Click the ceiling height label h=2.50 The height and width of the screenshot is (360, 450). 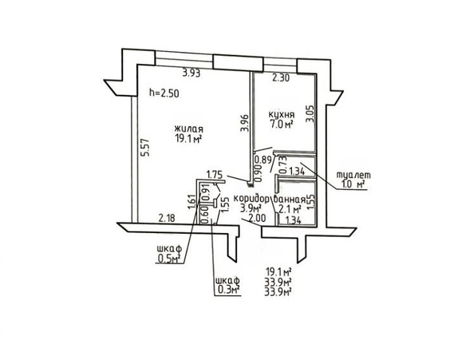pyautogui.click(x=164, y=93)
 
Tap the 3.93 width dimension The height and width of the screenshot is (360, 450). pyautogui.click(x=191, y=73)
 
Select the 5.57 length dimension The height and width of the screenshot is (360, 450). pyautogui.click(x=147, y=147)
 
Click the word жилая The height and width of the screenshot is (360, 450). pyautogui.click(x=188, y=129)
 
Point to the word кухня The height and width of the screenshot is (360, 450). pyautogui.click(x=281, y=115)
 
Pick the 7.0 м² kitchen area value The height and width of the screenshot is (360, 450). pyautogui.click(x=281, y=125)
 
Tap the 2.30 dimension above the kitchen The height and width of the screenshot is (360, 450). pyautogui.click(x=281, y=77)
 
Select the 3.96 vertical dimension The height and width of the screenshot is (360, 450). pyautogui.click(x=244, y=123)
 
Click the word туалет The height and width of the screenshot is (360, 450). pyautogui.click(x=353, y=175)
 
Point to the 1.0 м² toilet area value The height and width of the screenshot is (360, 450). pyautogui.click(x=353, y=184)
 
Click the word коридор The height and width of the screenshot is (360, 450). pyautogui.click(x=251, y=199)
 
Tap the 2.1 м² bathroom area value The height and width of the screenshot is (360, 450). pyautogui.click(x=290, y=208)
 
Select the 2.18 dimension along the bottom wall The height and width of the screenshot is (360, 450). pyautogui.click(x=167, y=218)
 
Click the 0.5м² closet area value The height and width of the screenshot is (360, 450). pyautogui.click(x=169, y=259)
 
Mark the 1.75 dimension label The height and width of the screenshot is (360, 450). pyautogui.click(x=215, y=175)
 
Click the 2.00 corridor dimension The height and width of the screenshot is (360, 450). pyautogui.click(x=257, y=219)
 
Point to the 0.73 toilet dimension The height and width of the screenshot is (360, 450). pyautogui.click(x=282, y=164)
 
